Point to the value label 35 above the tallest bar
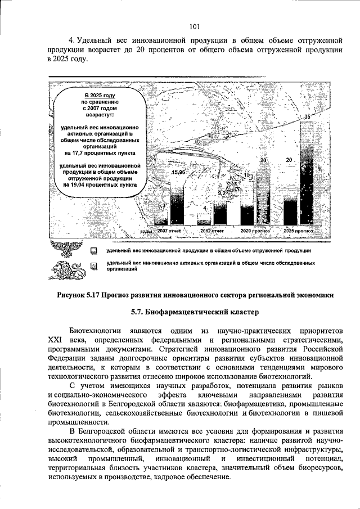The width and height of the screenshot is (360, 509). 307,116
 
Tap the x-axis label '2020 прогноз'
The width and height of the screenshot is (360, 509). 255,231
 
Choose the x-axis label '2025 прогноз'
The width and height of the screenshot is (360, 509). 298,231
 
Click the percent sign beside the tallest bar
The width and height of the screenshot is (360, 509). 319,168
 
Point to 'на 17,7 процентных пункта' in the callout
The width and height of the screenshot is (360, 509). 98,152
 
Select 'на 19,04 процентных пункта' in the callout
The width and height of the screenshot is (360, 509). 99,184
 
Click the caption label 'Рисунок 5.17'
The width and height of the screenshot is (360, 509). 83,295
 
